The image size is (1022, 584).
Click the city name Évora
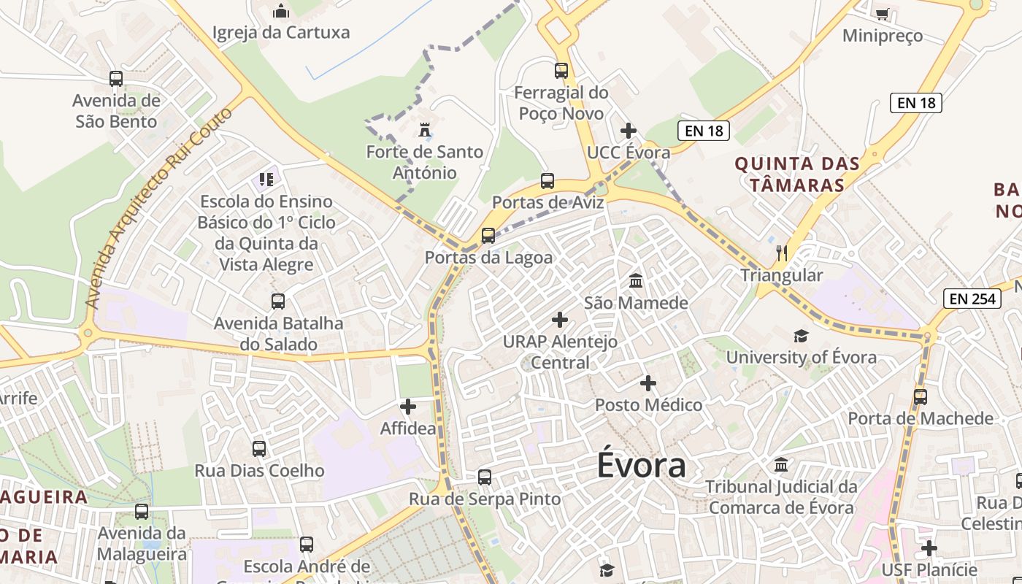click(x=642, y=465)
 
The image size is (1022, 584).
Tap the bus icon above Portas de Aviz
click(x=547, y=181)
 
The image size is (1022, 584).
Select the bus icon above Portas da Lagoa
click(x=488, y=236)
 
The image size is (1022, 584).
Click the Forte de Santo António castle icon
click(x=424, y=131)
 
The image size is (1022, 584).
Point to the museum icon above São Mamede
click(x=636, y=281)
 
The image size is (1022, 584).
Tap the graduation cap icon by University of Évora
click(x=802, y=336)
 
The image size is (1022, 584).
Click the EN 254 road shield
click(x=973, y=298)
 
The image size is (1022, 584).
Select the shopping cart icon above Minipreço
click(x=882, y=13)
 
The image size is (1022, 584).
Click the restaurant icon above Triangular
click(x=782, y=253)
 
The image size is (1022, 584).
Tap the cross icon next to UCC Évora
click(x=629, y=131)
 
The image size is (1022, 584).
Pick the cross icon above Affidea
click(x=408, y=407)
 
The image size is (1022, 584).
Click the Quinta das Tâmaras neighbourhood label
click(x=797, y=174)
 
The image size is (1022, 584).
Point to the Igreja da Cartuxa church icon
click(x=281, y=11)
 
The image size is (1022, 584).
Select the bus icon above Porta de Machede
click(x=921, y=397)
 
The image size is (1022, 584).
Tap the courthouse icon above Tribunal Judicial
click(x=781, y=465)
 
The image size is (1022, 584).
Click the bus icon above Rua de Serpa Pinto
click(x=485, y=477)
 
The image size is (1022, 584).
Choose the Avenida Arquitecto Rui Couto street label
click(x=158, y=208)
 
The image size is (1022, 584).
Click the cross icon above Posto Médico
click(x=648, y=383)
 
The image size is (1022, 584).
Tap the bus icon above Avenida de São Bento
click(x=116, y=79)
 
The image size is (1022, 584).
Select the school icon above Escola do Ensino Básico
click(x=266, y=180)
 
